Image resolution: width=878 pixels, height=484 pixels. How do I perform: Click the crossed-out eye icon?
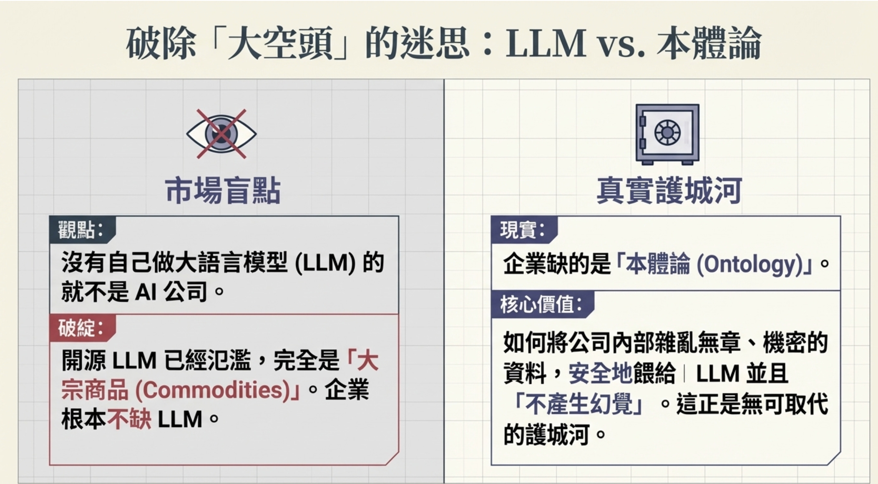(221, 134)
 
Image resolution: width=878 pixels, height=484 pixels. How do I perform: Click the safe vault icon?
(667, 134)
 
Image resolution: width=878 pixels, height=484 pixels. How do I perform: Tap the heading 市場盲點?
(223, 191)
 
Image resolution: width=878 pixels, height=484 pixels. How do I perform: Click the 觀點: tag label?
(81, 229)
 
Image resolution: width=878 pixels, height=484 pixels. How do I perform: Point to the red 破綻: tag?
(81, 328)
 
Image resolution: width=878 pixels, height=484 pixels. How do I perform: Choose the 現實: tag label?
(522, 229)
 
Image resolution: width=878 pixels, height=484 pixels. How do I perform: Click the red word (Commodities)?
(212, 391)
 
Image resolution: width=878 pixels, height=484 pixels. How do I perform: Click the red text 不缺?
(129, 419)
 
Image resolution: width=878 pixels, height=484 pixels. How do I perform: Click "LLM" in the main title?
(546, 43)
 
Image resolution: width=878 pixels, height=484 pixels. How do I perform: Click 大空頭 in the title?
(280, 43)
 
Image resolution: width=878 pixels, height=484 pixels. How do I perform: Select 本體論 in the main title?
(709, 43)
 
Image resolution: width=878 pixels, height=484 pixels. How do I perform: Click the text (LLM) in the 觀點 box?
(325, 263)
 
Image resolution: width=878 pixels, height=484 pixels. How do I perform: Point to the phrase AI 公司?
(171, 292)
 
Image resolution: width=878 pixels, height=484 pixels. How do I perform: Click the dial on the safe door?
(667, 133)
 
